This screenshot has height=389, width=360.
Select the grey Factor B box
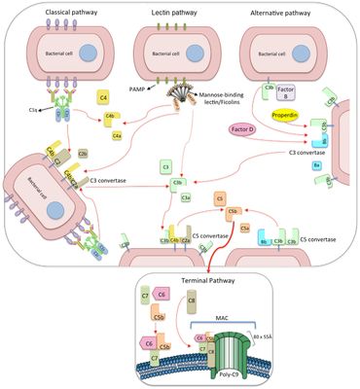[x=297, y=98]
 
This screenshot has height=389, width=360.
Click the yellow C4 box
[x=102, y=98]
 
